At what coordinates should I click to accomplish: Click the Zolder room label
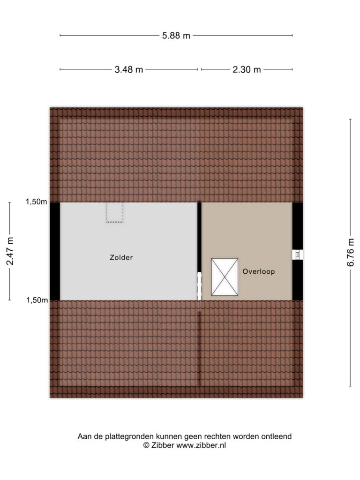coord(121,257)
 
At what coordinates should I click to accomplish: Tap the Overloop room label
coord(259,271)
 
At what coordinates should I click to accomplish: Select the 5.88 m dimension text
coord(176,36)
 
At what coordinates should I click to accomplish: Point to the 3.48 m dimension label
coord(129,70)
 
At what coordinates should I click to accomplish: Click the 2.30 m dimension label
coord(247,70)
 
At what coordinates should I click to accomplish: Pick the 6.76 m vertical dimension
coord(351,253)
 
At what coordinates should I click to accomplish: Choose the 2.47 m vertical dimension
coord(10,251)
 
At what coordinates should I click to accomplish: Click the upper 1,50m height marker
coord(37,202)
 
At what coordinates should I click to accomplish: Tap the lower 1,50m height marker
coord(37,300)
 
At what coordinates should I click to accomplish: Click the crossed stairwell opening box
coord(225,277)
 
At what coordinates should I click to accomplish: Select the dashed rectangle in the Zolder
coord(115,212)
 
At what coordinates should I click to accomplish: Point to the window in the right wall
coord(297,255)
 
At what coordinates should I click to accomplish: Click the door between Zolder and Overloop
coord(199,286)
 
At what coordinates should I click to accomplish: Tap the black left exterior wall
coord(55,251)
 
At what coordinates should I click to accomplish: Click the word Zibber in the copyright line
coord(162,445)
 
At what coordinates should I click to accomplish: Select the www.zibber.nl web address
coord(201,445)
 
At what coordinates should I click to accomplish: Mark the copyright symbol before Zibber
coord(146,445)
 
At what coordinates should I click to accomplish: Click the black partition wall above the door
coord(199,237)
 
